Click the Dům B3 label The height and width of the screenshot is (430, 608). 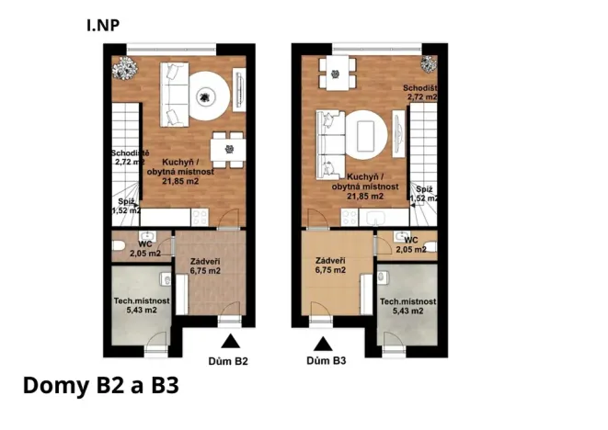pyautogui.click(x=327, y=361)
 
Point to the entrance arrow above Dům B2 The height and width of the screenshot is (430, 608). pyautogui.click(x=229, y=343)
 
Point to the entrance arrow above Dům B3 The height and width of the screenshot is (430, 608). pyautogui.click(x=323, y=343)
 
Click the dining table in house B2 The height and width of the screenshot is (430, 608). pyautogui.click(x=226, y=147)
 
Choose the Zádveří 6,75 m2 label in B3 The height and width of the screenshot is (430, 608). pyautogui.click(x=329, y=266)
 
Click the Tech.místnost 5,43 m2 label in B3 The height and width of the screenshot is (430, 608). pyautogui.click(x=407, y=306)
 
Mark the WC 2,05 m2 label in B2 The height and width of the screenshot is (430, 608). pyautogui.click(x=144, y=248)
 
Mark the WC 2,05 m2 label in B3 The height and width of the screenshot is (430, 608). pyautogui.click(x=409, y=244)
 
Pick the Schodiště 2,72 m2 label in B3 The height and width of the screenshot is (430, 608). pyautogui.click(x=419, y=92)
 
